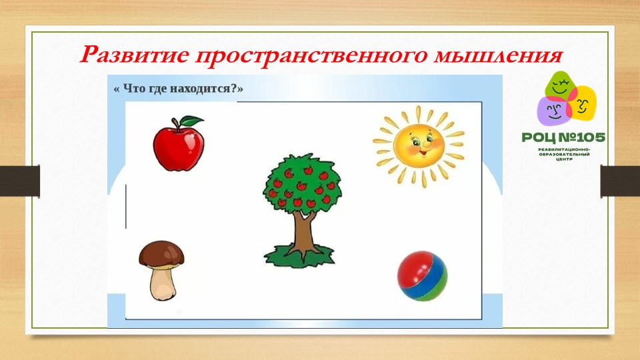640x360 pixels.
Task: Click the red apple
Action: point(179,144)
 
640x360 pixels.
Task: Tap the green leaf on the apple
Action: point(191,121)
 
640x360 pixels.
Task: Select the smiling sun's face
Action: point(419,145)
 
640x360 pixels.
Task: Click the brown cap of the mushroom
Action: point(161,253)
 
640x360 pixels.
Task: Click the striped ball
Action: point(422,276)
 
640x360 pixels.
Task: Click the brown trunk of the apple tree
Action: point(304,233)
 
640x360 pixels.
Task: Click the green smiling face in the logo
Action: point(561,85)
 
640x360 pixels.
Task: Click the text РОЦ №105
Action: point(564,137)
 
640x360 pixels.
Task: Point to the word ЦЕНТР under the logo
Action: point(564,159)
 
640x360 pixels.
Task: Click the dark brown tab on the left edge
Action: point(19,181)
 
